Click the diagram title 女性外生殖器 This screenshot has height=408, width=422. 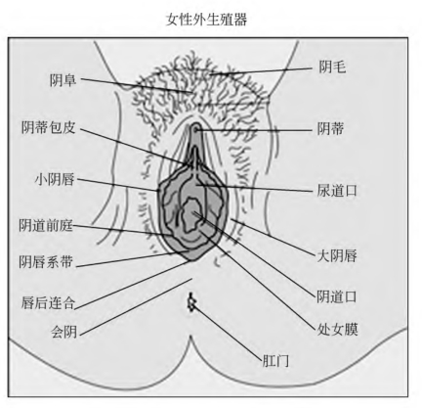pos(207,20)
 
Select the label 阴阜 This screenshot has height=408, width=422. pos(63,80)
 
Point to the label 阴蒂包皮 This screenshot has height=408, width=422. pos(49,127)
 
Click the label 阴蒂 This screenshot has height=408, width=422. pos(330,129)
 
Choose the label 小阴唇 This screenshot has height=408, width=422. pos(55,179)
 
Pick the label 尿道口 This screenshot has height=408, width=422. pos(337,190)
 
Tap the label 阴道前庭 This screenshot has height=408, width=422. pos(46,225)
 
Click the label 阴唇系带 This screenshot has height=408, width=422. pos(46,262)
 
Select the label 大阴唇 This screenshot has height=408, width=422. pos(337,255)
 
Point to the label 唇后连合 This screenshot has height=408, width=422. pos(48,303)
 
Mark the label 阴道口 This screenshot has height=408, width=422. pos(337,296)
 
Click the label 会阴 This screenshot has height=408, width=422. pos(64,332)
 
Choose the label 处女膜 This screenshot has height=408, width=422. pos(338,330)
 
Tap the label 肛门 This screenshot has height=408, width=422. pos(275,361)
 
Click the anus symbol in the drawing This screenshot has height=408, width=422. pos(191,302)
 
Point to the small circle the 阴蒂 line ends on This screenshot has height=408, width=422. pos(196,129)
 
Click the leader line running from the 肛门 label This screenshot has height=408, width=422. pos(228,333)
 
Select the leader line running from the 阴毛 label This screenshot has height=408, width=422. pos(261,71)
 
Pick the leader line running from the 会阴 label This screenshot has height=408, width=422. pos(136,306)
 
